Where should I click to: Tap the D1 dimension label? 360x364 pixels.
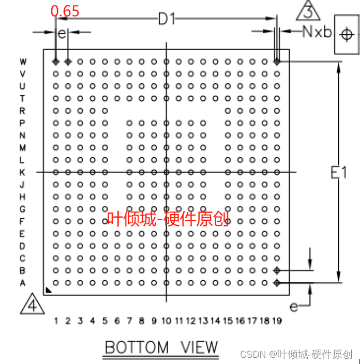(167, 20)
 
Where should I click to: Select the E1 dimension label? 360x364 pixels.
(338, 173)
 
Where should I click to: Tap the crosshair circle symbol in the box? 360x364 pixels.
(346, 35)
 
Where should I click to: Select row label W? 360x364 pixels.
(23, 62)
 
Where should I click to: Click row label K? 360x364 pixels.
(23, 172)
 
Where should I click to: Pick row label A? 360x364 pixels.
(23, 283)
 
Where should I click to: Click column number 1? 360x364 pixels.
(55, 321)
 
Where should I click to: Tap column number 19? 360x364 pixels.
(277, 321)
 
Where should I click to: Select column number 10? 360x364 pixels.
(166, 321)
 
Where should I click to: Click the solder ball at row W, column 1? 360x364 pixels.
(55, 62)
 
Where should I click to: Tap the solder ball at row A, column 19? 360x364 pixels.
(277, 283)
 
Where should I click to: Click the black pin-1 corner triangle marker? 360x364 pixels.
(48, 291)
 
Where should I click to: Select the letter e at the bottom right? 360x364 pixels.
(294, 307)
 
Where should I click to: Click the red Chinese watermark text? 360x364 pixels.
(168, 219)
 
